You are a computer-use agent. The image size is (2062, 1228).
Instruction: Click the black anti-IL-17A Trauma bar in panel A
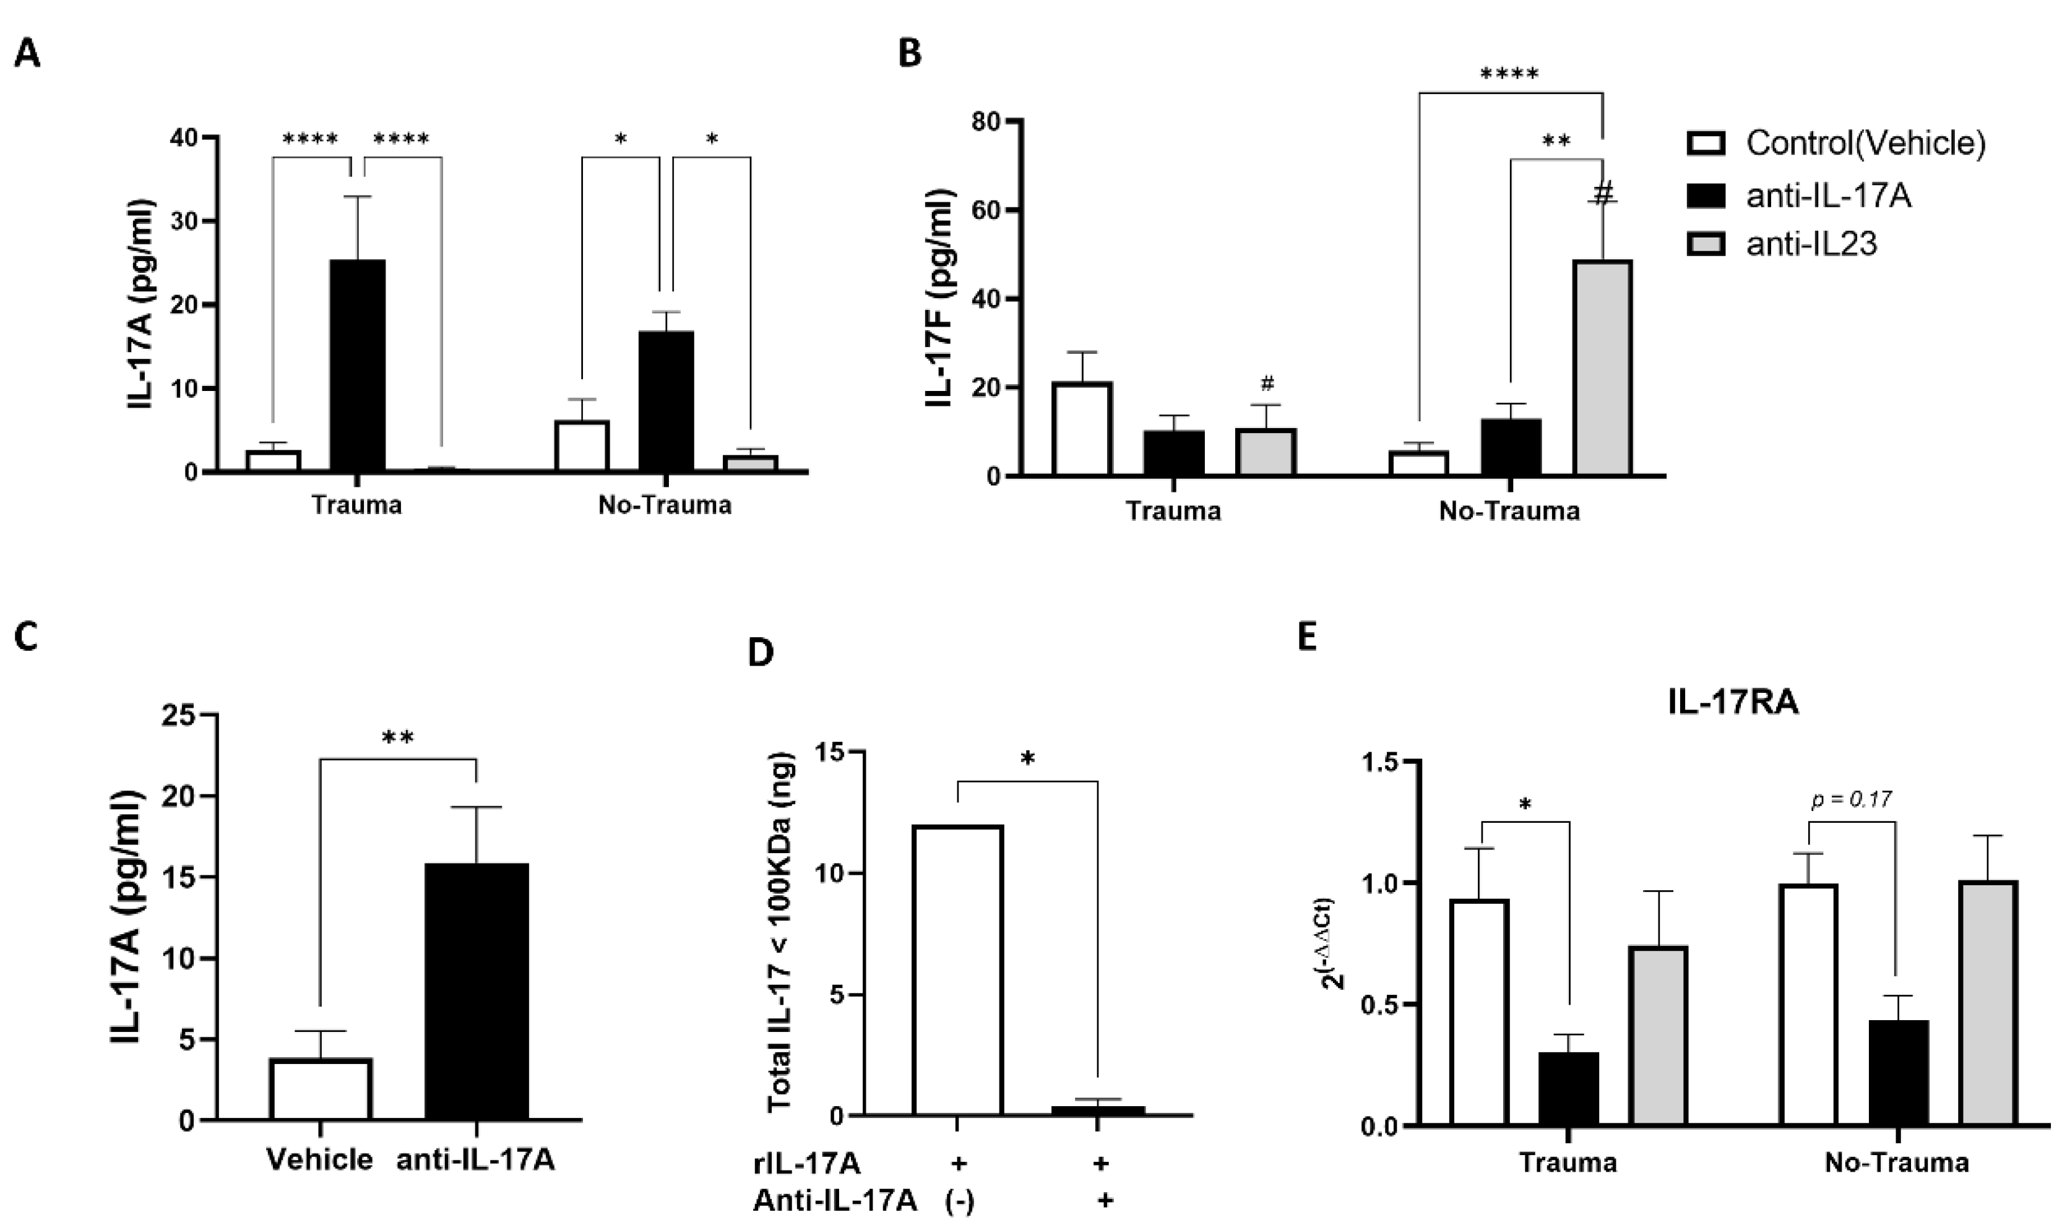pos(358,366)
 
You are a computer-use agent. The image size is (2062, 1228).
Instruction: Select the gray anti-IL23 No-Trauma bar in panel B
pos(1602,368)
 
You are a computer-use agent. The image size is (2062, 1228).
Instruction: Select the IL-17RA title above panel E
pos(1733,703)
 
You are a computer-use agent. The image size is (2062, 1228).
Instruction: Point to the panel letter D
pos(761,654)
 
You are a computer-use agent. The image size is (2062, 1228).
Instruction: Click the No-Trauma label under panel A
pos(665,505)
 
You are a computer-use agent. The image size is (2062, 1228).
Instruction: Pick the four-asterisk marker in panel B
pos(1509,74)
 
